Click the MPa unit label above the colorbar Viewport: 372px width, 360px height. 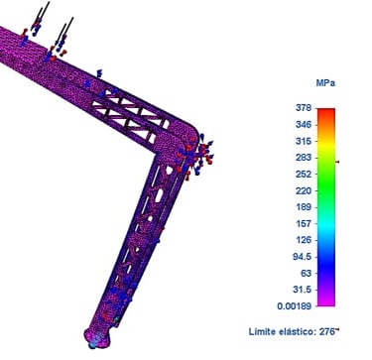(x=325, y=83)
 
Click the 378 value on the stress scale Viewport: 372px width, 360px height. (x=305, y=108)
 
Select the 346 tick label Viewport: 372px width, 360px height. (x=305, y=125)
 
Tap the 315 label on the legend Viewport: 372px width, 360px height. (x=305, y=141)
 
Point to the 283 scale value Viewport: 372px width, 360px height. (x=305, y=158)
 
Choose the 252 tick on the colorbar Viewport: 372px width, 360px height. (x=305, y=175)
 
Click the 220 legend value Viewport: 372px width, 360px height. (x=305, y=190)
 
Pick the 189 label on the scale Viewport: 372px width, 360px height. (x=305, y=207)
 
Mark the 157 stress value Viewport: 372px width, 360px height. (x=305, y=224)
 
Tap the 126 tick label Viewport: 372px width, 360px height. (x=305, y=240)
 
